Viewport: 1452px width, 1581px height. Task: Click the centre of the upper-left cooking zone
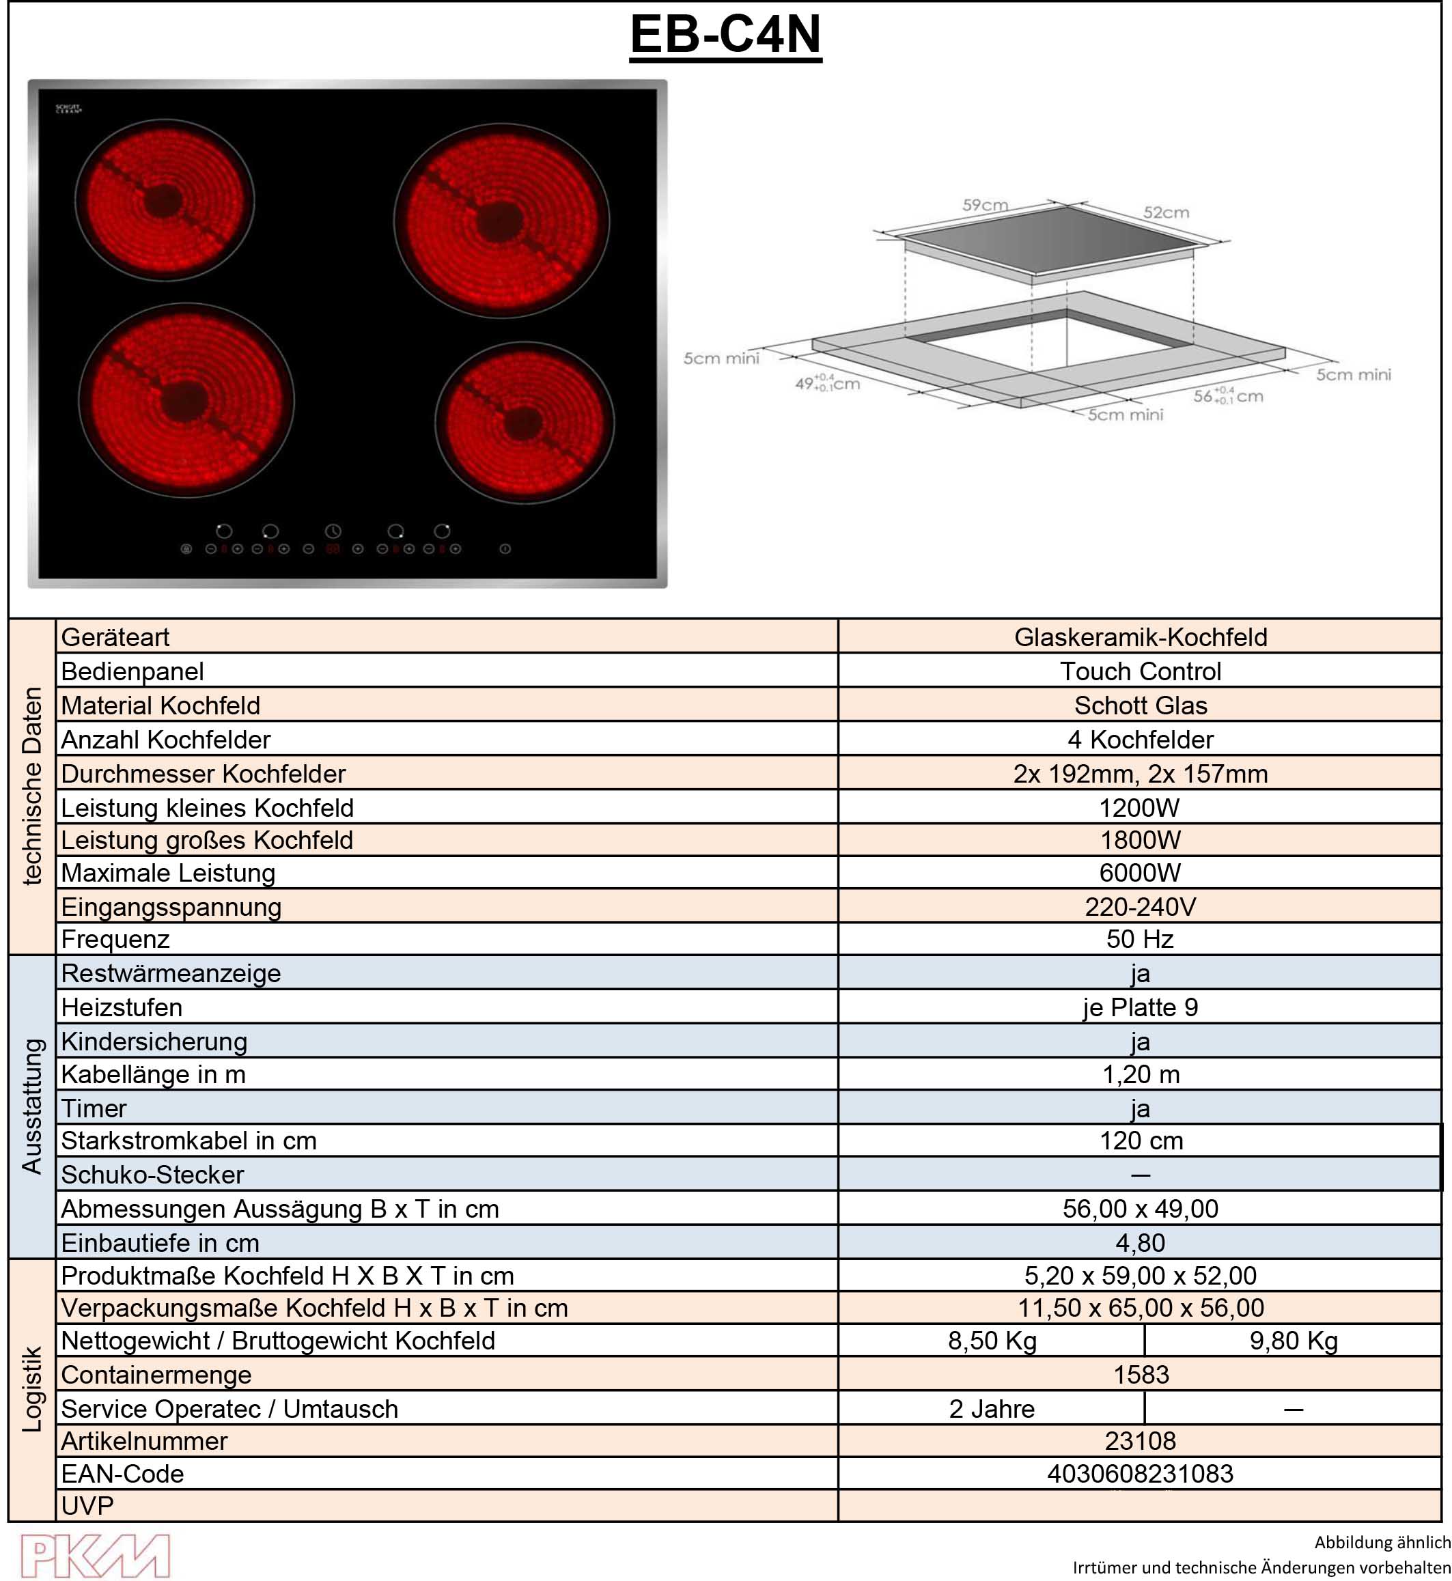coord(165,199)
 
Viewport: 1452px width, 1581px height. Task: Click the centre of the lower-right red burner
coord(524,423)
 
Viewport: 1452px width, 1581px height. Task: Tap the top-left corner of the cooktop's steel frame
coord(28,80)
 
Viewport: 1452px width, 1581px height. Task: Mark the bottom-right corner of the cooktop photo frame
coord(667,587)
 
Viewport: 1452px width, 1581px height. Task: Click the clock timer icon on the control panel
coord(333,531)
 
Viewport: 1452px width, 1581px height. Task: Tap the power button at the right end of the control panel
coord(505,548)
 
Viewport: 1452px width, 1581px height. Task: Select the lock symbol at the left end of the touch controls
coord(186,548)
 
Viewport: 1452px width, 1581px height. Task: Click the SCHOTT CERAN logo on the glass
coord(68,109)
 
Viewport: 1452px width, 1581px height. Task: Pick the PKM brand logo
coord(95,1556)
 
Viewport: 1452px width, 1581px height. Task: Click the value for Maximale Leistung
coord(1140,872)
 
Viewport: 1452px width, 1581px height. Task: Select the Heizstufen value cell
coord(1140,1007)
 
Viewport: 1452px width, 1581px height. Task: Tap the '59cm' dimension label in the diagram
coord(986,205)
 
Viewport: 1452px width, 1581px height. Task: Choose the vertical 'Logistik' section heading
coord(31,1389)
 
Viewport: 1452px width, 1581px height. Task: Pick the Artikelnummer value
coord(1140,1440)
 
